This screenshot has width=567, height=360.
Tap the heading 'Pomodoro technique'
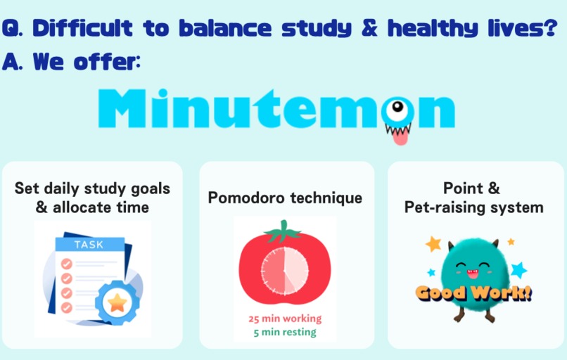[285, 198]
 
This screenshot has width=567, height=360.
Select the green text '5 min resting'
[285, 332]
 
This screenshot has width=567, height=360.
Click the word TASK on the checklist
[89, 245]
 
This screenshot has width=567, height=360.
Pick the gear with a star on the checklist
[115, 302]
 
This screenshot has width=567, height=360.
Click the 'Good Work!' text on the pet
[473, 292]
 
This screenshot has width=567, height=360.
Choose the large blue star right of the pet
[518, 269]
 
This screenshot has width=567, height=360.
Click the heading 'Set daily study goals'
[92, 189]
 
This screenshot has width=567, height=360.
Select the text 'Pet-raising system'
[473, 207]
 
